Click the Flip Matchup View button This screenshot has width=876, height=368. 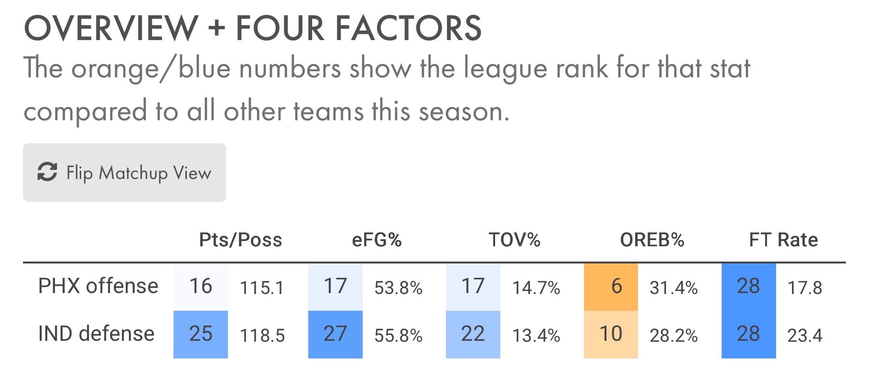click(124, 172)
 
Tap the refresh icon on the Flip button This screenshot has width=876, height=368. click(47, 172)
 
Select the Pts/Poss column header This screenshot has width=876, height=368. click(240, 240)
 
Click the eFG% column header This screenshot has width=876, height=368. click(377, 240)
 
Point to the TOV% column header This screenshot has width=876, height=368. click(514, 240)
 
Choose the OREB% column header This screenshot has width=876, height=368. click(652, 240)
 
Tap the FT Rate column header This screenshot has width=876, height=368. click(783, 240)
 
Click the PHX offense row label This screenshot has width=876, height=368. click(98, 286)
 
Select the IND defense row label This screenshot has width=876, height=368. click(96, 334)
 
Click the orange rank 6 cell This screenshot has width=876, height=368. click(611, 286)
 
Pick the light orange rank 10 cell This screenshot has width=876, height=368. click(611, 334)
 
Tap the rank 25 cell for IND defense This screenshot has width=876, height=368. click(201, 334)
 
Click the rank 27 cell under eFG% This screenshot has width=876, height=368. click(335, 334)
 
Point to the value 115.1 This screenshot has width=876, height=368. click(261, 288)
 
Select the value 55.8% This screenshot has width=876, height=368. click(398, 336)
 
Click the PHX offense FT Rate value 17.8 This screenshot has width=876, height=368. click(805, 288)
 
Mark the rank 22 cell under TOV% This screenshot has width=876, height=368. click(473, 334)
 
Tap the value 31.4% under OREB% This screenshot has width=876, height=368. click(673, 288)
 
